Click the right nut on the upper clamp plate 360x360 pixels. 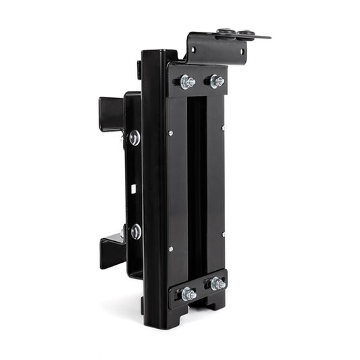tap(217, 81)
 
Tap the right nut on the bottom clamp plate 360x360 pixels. tap(217, 284)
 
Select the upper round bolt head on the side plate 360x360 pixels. tap(135, 138)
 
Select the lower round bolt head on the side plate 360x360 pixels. tap(136, 231)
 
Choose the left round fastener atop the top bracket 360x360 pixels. tap(223, 31)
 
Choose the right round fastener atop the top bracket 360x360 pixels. tap(246, 32)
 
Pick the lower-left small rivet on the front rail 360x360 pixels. tap(170, 249)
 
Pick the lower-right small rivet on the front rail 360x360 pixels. tap(223, 234)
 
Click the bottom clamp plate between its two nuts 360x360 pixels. tap(203, 289)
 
